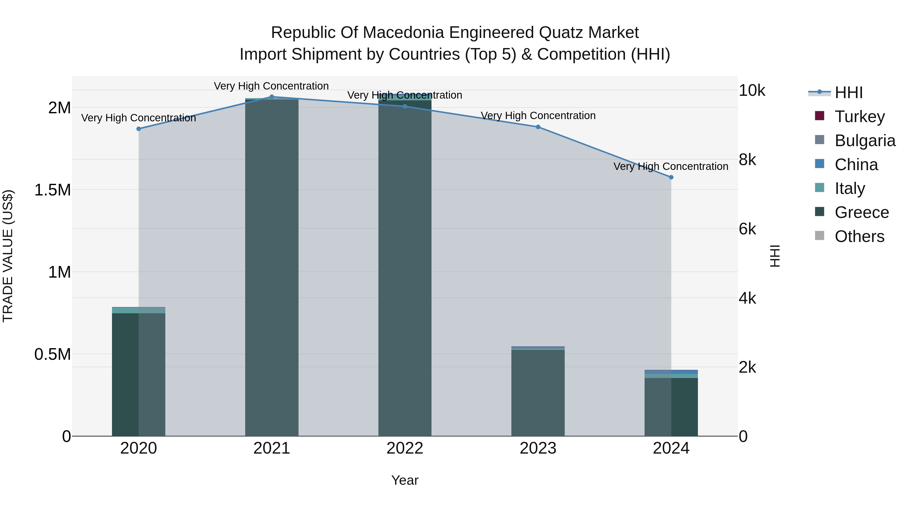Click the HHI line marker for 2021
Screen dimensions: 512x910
coord(272,97)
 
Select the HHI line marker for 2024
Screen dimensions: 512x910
coord(671,177)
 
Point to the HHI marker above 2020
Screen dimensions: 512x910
coord(139,129)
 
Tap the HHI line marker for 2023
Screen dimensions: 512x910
coord(538,127)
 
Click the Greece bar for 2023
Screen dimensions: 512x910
coord(538,392)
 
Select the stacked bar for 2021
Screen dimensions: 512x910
coord(272,269)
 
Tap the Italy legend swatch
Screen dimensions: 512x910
coord(820,188)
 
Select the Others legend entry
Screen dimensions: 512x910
coord(859,236)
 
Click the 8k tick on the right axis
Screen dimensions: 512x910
coord(747,160)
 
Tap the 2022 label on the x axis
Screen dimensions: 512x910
coord(405,448)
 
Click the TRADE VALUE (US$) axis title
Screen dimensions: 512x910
coord(8,256)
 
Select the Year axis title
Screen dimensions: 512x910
coord(405,480)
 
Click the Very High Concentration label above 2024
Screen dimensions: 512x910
coord(671,166)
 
